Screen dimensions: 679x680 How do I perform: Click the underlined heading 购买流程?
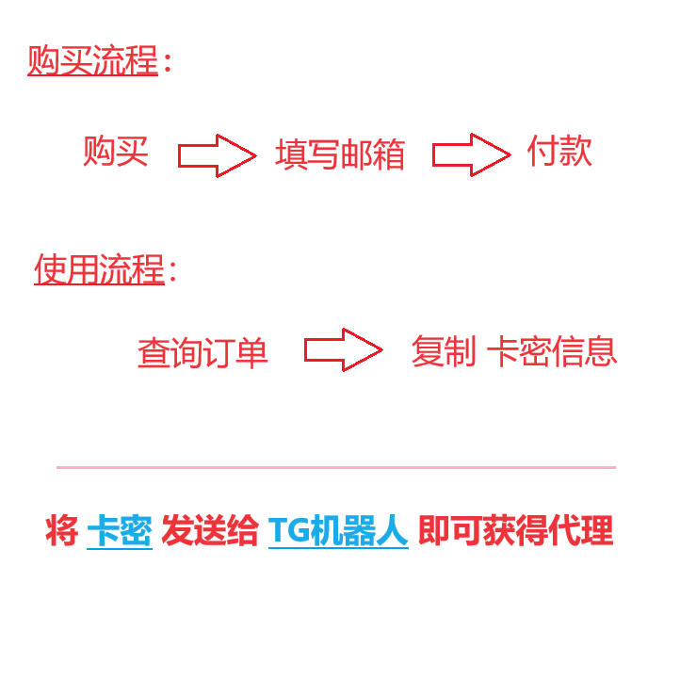click(x=92, y=61)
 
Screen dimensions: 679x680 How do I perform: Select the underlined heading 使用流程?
click(x=99, y=270)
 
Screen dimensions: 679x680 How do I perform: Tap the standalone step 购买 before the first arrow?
click(x=116, y=152)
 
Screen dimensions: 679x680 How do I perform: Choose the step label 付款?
click(x=559, y=151)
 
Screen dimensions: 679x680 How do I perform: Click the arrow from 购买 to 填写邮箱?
click(x=217, y=155)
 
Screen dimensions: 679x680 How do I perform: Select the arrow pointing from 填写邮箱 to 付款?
click(x=471, y=154)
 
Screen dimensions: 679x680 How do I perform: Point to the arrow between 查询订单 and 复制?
click(x=343, y=349)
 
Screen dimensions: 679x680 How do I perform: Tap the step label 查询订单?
click(x=202, y=353)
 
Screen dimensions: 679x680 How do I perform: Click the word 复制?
click(x=444, y=351)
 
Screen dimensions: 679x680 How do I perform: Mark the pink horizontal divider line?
click(x=335, y=467)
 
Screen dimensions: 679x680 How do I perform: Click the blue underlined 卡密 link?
click(x=120, y=532)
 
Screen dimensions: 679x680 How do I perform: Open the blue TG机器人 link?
click(x=338, y=532)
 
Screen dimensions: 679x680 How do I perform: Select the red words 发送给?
click(x=209, y=532)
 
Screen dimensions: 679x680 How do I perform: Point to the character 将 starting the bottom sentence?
click(x=61, y=532)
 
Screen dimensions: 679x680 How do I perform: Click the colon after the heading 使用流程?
click(x=172, y=272)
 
